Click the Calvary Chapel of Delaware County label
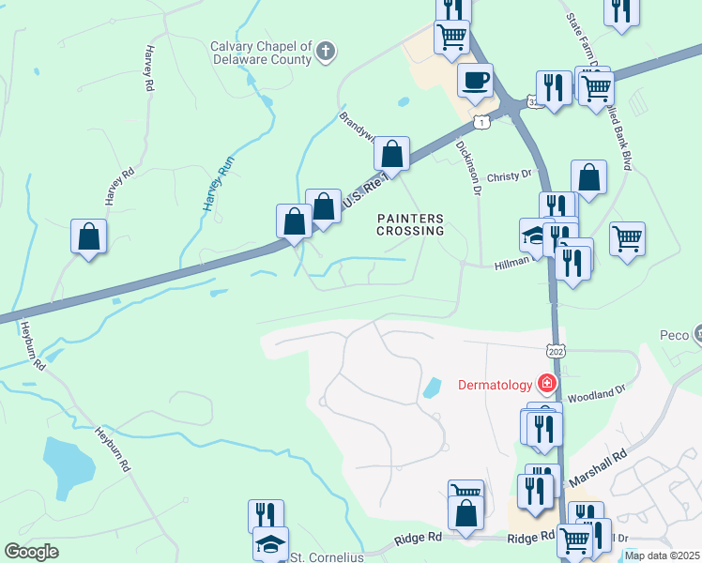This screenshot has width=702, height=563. pyautogui.click(x=260, y=53)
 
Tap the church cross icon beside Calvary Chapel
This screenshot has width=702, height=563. pyautogui.click(x=325, y=51)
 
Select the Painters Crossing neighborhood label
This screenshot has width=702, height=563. pyautogui.click(x=410, y=224)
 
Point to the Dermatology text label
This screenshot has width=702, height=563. pyautogui.click(x=495, y=385)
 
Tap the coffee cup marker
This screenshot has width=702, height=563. pyautogui.click(x=475, y=80)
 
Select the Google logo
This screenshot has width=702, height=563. pyautogui.click(x=31, y=552)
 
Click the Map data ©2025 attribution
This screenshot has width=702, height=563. pyautogui.click(x=663, y=555)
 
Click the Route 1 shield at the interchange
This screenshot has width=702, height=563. pyautogui.click(x=481, y=122)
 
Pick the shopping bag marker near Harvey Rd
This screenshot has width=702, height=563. pyautogui.click(x=88, y=236)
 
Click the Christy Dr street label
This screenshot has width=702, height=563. pyautogui.click(x=510, y=175)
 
